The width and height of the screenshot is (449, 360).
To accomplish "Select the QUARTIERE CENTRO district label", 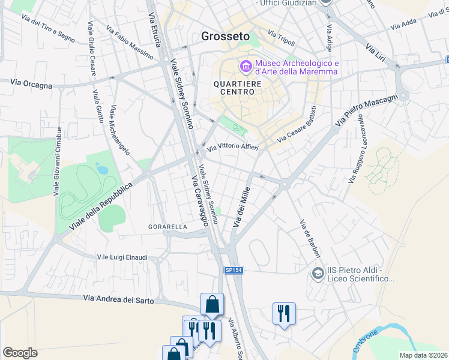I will (238, 89).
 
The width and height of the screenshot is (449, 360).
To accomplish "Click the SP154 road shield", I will (234, 271).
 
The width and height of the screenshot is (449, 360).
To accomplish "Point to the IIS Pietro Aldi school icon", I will (318, 274).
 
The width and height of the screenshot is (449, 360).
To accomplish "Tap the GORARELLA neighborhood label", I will (168, 227).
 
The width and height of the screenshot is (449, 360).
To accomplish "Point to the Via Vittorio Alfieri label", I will (233, 146).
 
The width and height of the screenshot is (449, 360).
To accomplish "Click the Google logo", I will (20, 353).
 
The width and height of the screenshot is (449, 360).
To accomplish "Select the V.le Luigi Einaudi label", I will (122, 257).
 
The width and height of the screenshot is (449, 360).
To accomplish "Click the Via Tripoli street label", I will (282, 38).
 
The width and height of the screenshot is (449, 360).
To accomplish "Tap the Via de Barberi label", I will (310, 238).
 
